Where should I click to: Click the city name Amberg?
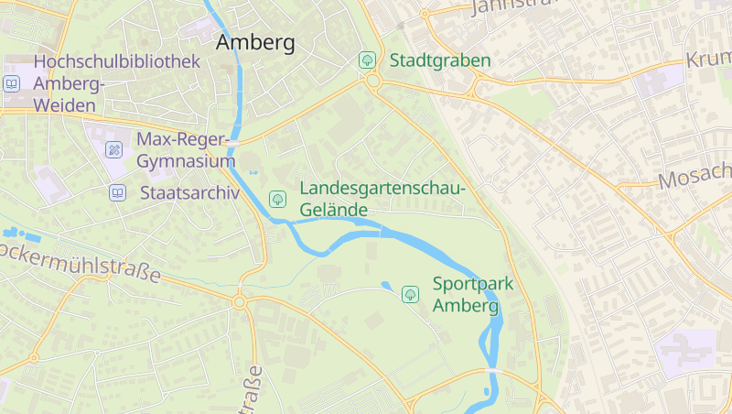click(x=255, y=43)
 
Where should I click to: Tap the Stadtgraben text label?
click(x=440, y=60)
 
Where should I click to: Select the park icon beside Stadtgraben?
click(x=367, y=60)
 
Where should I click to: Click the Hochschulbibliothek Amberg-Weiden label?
click(x=115, y=83)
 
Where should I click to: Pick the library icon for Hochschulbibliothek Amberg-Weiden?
click(x=11, y=83)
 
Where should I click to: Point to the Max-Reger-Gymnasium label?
click(x=186, y=150)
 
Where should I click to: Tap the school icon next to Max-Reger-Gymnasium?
click(x=114, y=149)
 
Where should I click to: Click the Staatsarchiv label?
click(x=189, y=193)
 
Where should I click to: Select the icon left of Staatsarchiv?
click(x=117, y=193)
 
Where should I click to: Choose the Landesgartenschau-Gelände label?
click(x=382, y=199)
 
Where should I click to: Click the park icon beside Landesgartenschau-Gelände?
click(x=277, y=199)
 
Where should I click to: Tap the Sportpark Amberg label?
click(x=472, y=294)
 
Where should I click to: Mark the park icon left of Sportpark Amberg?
click(x=410, y=294)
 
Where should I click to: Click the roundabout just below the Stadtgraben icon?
click(x=373, y=82)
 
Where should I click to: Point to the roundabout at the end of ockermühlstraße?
click(x=240, y=301)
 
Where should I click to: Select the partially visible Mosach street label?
click(x=695, y=175)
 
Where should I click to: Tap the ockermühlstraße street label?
click(x=81, y=261)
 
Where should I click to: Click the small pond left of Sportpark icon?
click(x=385, y=286)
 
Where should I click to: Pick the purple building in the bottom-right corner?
click(x=685, y=354)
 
